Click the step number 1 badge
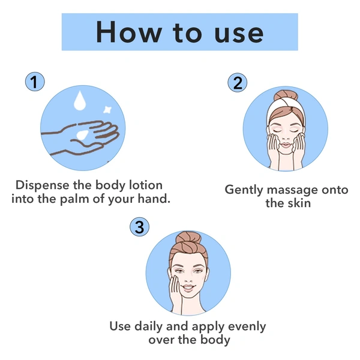pos(35,82)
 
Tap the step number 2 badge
pos(238,83)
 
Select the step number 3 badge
pos(140,227)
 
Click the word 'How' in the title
pos(129,32)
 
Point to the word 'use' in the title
pos(239,34)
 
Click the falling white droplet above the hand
pos(80,101)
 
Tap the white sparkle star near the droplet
pos(107,110)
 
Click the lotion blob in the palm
pos(82,135)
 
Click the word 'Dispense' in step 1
pos(43,185)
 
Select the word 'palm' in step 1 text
pos(74,199)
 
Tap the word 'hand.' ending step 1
pos(154,199)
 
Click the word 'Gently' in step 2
pos(244,191)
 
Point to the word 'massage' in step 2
pos(293,191)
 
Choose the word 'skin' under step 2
pos(299,203)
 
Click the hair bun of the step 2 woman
pos(286,96)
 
